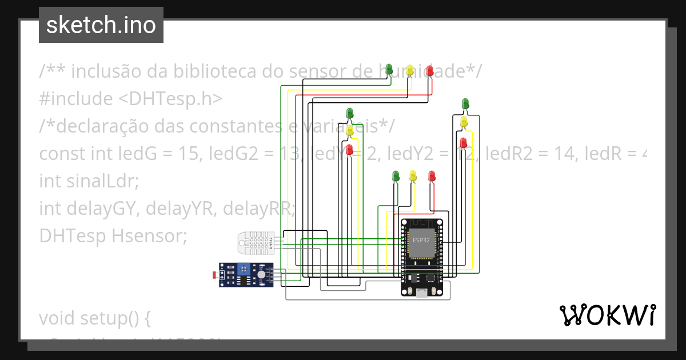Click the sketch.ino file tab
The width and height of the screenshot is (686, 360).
click(101, 25)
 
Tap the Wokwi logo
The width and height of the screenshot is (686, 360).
click(607, 315)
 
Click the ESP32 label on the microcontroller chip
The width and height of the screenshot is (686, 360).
click(421, 240)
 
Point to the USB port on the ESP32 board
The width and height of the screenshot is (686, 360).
click(421, 293)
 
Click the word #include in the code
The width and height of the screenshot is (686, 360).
click(76, 99)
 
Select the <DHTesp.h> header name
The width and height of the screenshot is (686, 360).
click(170, 99)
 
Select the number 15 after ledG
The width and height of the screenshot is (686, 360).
click(188, 154)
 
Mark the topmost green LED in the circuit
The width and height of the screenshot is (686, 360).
click(389, 69)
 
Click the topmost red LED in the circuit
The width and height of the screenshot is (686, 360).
click(430, 70)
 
